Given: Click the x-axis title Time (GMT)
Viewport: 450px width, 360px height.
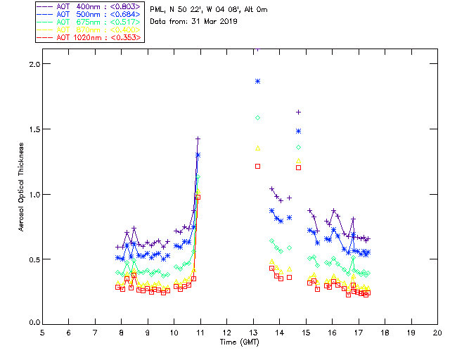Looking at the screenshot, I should (x=238, y=342).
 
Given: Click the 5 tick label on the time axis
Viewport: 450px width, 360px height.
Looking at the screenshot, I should (x=42, y=333).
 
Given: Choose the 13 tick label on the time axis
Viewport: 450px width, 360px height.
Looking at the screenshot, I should (x=253, y=333).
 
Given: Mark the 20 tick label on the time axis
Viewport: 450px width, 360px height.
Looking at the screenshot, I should (x=437, y=333).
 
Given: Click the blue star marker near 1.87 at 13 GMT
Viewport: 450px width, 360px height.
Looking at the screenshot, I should (x=258, y=82).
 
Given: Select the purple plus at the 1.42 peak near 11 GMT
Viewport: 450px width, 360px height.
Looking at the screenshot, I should (x=198, y=139).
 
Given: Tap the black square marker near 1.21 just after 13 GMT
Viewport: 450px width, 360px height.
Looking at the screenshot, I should (x=258, y=166).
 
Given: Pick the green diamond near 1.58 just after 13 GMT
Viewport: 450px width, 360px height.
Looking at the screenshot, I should (x=258, y=117).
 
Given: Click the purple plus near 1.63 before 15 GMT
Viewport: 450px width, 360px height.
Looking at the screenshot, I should (x=299, y=112).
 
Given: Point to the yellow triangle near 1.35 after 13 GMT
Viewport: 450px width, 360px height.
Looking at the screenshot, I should (x=258, y=148).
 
